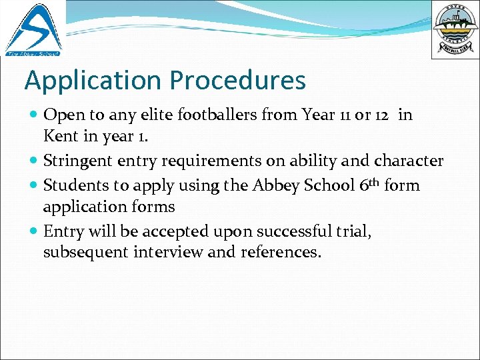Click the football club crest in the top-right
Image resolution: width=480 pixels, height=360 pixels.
coord(455,29)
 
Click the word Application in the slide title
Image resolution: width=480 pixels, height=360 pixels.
coord(93,81)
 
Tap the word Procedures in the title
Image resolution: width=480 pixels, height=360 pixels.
coord(237,81)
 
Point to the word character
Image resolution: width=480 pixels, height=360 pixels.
coord(409,161)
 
